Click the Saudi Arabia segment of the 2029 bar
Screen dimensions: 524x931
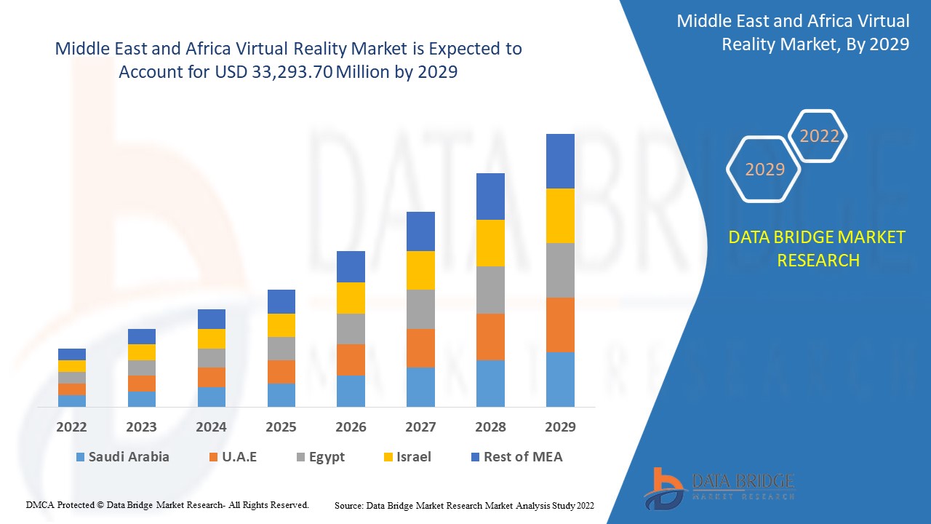coord(560,379)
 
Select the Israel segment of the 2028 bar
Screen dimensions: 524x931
coord(490,243)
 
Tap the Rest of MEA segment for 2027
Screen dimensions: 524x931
coord(420,231)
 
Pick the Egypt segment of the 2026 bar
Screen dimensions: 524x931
coord(351,329)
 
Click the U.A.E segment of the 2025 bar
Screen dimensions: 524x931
coord(281,371)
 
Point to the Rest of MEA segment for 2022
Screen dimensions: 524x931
coord(72,354)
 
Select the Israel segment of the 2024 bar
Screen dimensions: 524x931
coord(212,338)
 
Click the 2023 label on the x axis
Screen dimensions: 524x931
coord(141,427)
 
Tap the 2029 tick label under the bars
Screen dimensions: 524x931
coord(560,427)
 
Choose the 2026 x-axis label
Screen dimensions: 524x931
coord(351,427)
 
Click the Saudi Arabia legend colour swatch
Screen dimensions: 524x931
coord(79,458)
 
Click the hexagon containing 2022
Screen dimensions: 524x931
coord(819,136)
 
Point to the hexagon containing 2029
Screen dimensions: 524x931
coord(764,170)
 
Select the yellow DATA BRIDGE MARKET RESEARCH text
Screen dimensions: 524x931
coord(818,248)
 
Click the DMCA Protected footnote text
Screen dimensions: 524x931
coord(168,504)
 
